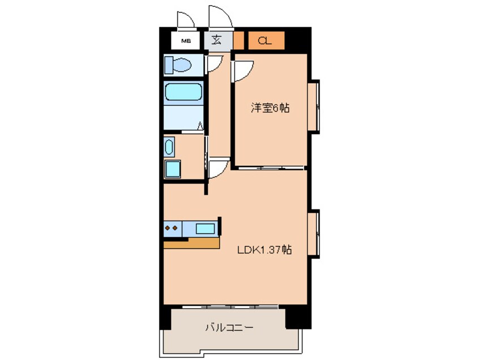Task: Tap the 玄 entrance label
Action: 217,40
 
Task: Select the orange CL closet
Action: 264,40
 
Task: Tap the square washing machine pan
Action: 172,168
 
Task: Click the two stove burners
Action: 172,229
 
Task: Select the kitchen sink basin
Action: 205,229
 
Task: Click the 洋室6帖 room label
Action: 270,108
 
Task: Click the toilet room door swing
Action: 213,64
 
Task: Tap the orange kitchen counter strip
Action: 191,243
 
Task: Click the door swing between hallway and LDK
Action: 218,169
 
